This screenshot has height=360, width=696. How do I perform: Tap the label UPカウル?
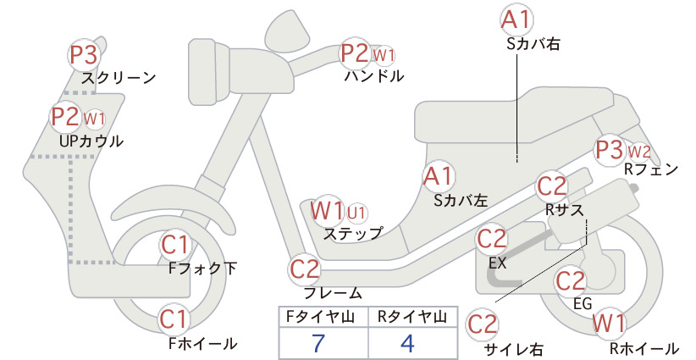(91, 141)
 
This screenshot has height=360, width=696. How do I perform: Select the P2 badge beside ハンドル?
(355, 53)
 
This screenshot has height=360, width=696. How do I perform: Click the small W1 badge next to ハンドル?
(384, 56)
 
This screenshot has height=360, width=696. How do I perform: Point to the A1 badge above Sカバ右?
(516, 20)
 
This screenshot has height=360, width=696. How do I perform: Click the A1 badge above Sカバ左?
(438, 176)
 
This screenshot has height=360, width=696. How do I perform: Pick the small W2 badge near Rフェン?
(639, 152)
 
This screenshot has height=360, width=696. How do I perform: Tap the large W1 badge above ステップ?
(327, 210)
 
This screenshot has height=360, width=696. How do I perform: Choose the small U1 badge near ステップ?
(356, 213)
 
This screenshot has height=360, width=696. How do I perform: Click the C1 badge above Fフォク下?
(175, 245)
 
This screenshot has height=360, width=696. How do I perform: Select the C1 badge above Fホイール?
(174, 319)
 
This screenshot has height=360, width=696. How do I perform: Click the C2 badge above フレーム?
(305, 269)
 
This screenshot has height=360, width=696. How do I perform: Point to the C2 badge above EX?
(492, 239)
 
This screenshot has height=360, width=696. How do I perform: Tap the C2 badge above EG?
(571, 280)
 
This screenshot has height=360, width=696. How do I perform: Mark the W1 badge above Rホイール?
(609, 323)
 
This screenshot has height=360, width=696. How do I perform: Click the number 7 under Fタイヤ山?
(318, 343)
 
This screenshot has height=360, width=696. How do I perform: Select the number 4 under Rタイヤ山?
(407, 343)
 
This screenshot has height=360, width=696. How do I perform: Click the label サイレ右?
(514, 349)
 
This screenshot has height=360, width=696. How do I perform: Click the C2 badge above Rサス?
(552, 186)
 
